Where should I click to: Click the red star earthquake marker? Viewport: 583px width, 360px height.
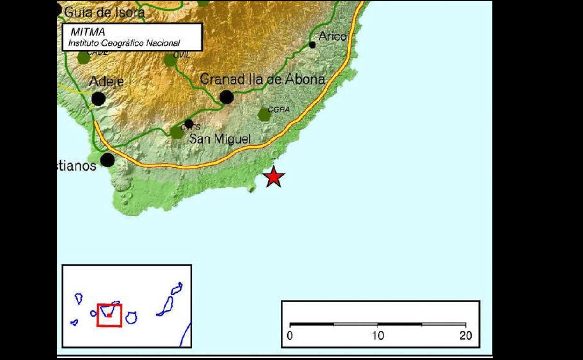[274, 177]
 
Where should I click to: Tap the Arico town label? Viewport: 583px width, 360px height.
[333, 36]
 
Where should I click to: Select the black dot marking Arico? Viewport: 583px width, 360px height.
[313, 45]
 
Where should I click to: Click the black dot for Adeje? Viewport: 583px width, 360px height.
[98, 99]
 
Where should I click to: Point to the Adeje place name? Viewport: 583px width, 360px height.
[107, 82]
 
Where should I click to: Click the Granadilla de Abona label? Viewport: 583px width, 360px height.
[262, 79]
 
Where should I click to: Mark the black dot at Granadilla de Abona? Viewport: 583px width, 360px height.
[226, 97]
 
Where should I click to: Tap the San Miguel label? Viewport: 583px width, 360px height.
[220, 138]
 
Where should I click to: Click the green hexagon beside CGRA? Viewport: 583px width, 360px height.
[265, 114]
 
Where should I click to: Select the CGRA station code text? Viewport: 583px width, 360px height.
[279, 109]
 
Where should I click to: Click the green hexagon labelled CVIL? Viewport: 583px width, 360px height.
[170, 60]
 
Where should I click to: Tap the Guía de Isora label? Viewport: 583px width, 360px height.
[104, 13]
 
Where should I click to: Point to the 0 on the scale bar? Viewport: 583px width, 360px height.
[290, 336]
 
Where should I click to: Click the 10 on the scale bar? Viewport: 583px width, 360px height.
[377, 336]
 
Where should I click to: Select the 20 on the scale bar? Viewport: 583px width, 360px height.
[465, 336]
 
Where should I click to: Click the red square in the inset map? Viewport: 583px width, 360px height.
[109, 315]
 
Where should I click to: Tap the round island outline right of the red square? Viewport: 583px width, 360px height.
[131, 318]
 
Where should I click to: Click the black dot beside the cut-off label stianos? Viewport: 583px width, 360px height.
[107, 160]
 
